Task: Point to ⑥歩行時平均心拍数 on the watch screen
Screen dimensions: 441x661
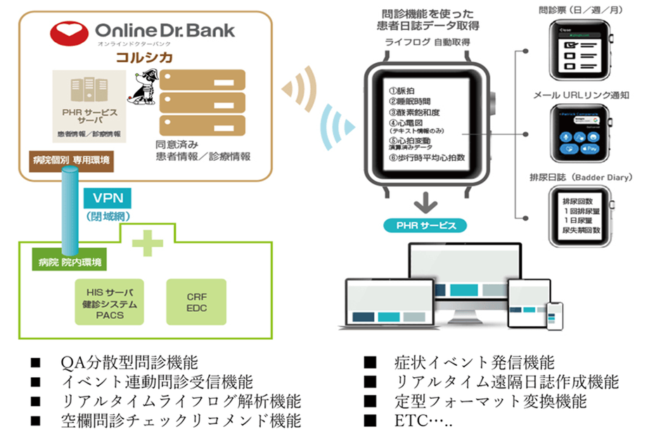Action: (428, 157)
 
